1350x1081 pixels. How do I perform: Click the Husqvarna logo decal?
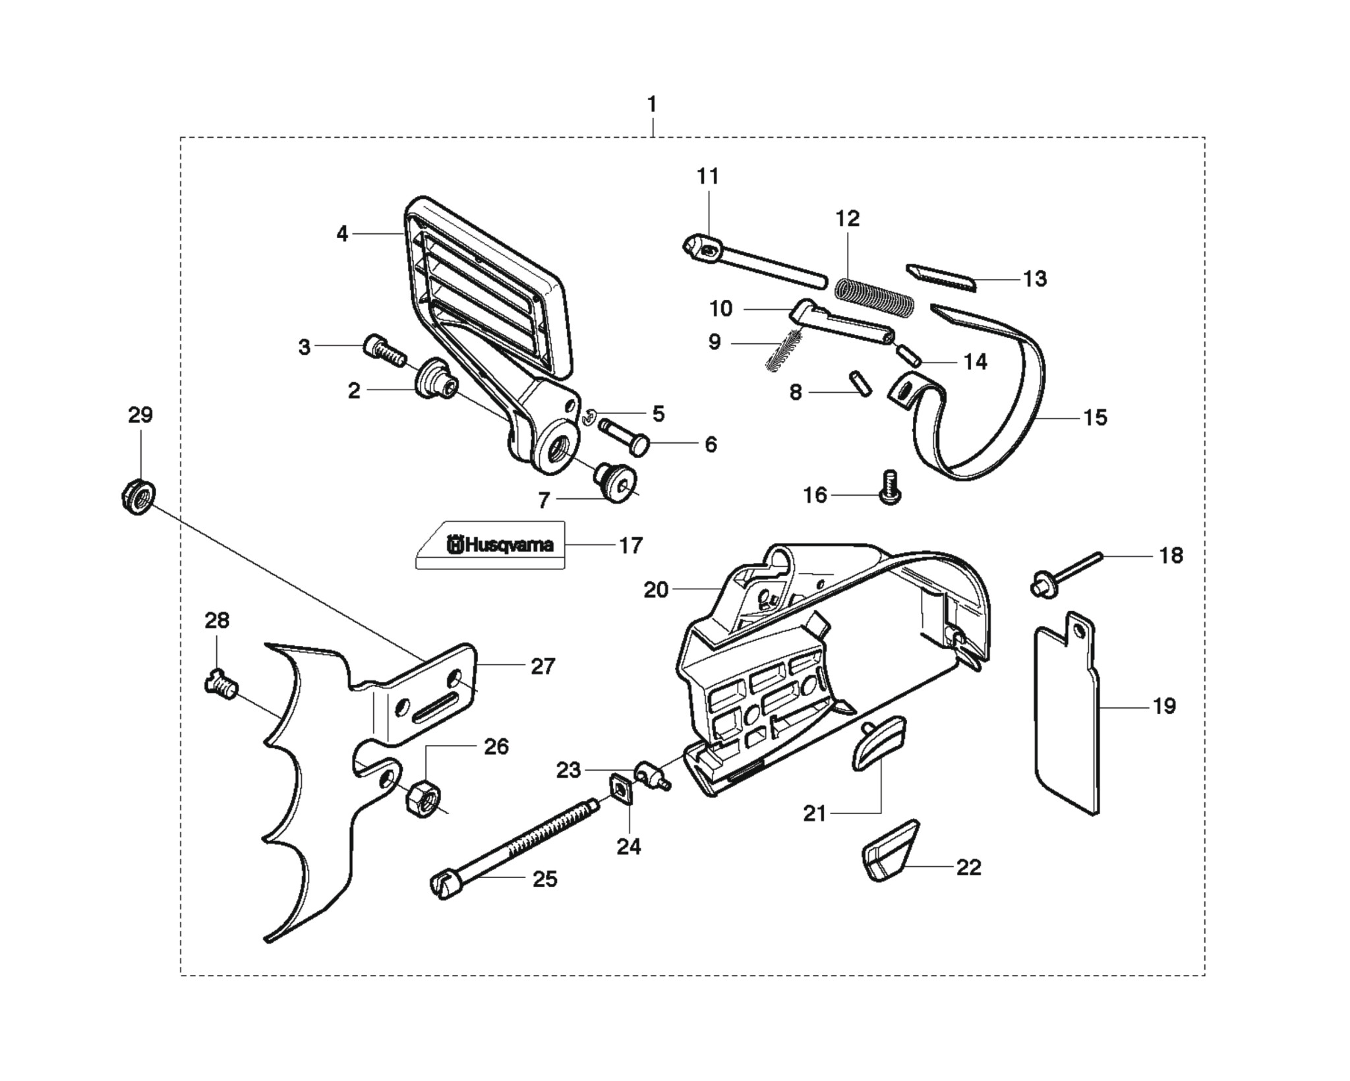click(x=490, y=545)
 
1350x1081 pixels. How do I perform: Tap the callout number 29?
click(x=140, y=415)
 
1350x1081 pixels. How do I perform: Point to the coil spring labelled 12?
click(x=874, y=296)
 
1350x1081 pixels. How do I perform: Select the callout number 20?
click(x=656, y=590)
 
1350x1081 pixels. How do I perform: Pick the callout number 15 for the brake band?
click(x=1095, y=418)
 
